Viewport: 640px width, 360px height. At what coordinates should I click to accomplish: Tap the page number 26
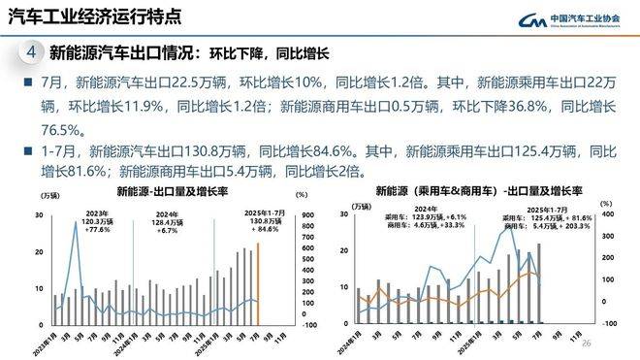click(x=587, y=344)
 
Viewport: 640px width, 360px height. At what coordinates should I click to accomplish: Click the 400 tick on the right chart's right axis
click(x=605, y=213)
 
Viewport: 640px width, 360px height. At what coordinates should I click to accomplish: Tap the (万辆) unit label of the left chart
click(x=49, y=200)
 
